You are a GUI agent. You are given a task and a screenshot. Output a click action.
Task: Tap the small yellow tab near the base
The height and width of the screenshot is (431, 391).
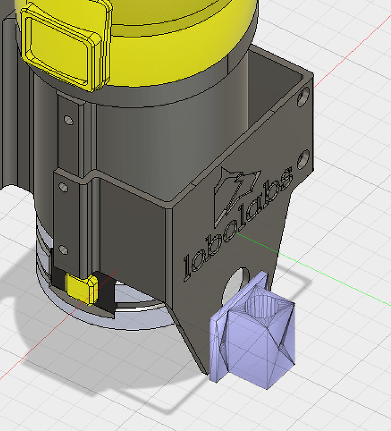point(81,288)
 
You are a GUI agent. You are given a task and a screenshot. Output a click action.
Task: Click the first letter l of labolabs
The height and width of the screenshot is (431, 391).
point(187,267)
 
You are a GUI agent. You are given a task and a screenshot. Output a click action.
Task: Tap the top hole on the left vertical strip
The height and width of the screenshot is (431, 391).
point(68,120)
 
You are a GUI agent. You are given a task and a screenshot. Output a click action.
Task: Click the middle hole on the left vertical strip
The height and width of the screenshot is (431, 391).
point(64,187)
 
